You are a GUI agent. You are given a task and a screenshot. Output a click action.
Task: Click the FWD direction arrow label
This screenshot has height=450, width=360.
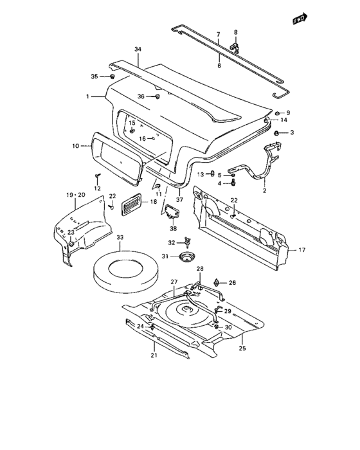click(x=299, y=19)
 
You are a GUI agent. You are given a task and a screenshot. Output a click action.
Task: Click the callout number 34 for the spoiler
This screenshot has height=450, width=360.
click(x=137, y=50)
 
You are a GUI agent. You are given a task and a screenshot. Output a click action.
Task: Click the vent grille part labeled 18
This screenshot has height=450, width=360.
click(x=132, y=203)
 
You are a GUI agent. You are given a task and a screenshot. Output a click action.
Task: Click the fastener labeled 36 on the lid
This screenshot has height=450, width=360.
click(x=157, y=96)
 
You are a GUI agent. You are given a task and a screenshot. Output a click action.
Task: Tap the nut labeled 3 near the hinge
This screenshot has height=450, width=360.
click(x=276, y=132)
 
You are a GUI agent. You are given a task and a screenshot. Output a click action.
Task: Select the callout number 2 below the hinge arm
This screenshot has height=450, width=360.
click(x=264, y=191)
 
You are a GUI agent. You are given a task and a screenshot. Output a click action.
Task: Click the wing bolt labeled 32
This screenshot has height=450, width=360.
click(x=187, y=242)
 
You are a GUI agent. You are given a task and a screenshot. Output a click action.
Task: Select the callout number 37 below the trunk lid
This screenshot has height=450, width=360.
click(x=179, y=199)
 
